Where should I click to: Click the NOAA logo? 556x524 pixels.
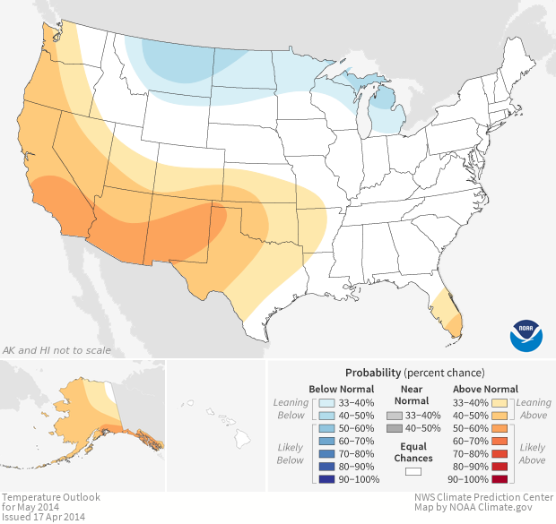pyautogui.click(x=526, y=333)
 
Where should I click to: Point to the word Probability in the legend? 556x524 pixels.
pyautogui.click(x=374, y=372)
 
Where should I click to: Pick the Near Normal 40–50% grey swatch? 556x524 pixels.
pyautogui.click(x=395, y=428)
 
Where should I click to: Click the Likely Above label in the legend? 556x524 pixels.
pyautogui.click(x=532, y=453)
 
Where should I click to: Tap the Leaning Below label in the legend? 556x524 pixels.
pyautogui.click(x=291, y=408)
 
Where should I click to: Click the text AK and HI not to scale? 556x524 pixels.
pyautogui.click(x=57, y=349)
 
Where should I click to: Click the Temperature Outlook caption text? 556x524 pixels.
pyautogui.click(x=50, y=497)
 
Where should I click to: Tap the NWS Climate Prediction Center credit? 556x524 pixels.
pyautogui.click(x=483, y=497)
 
